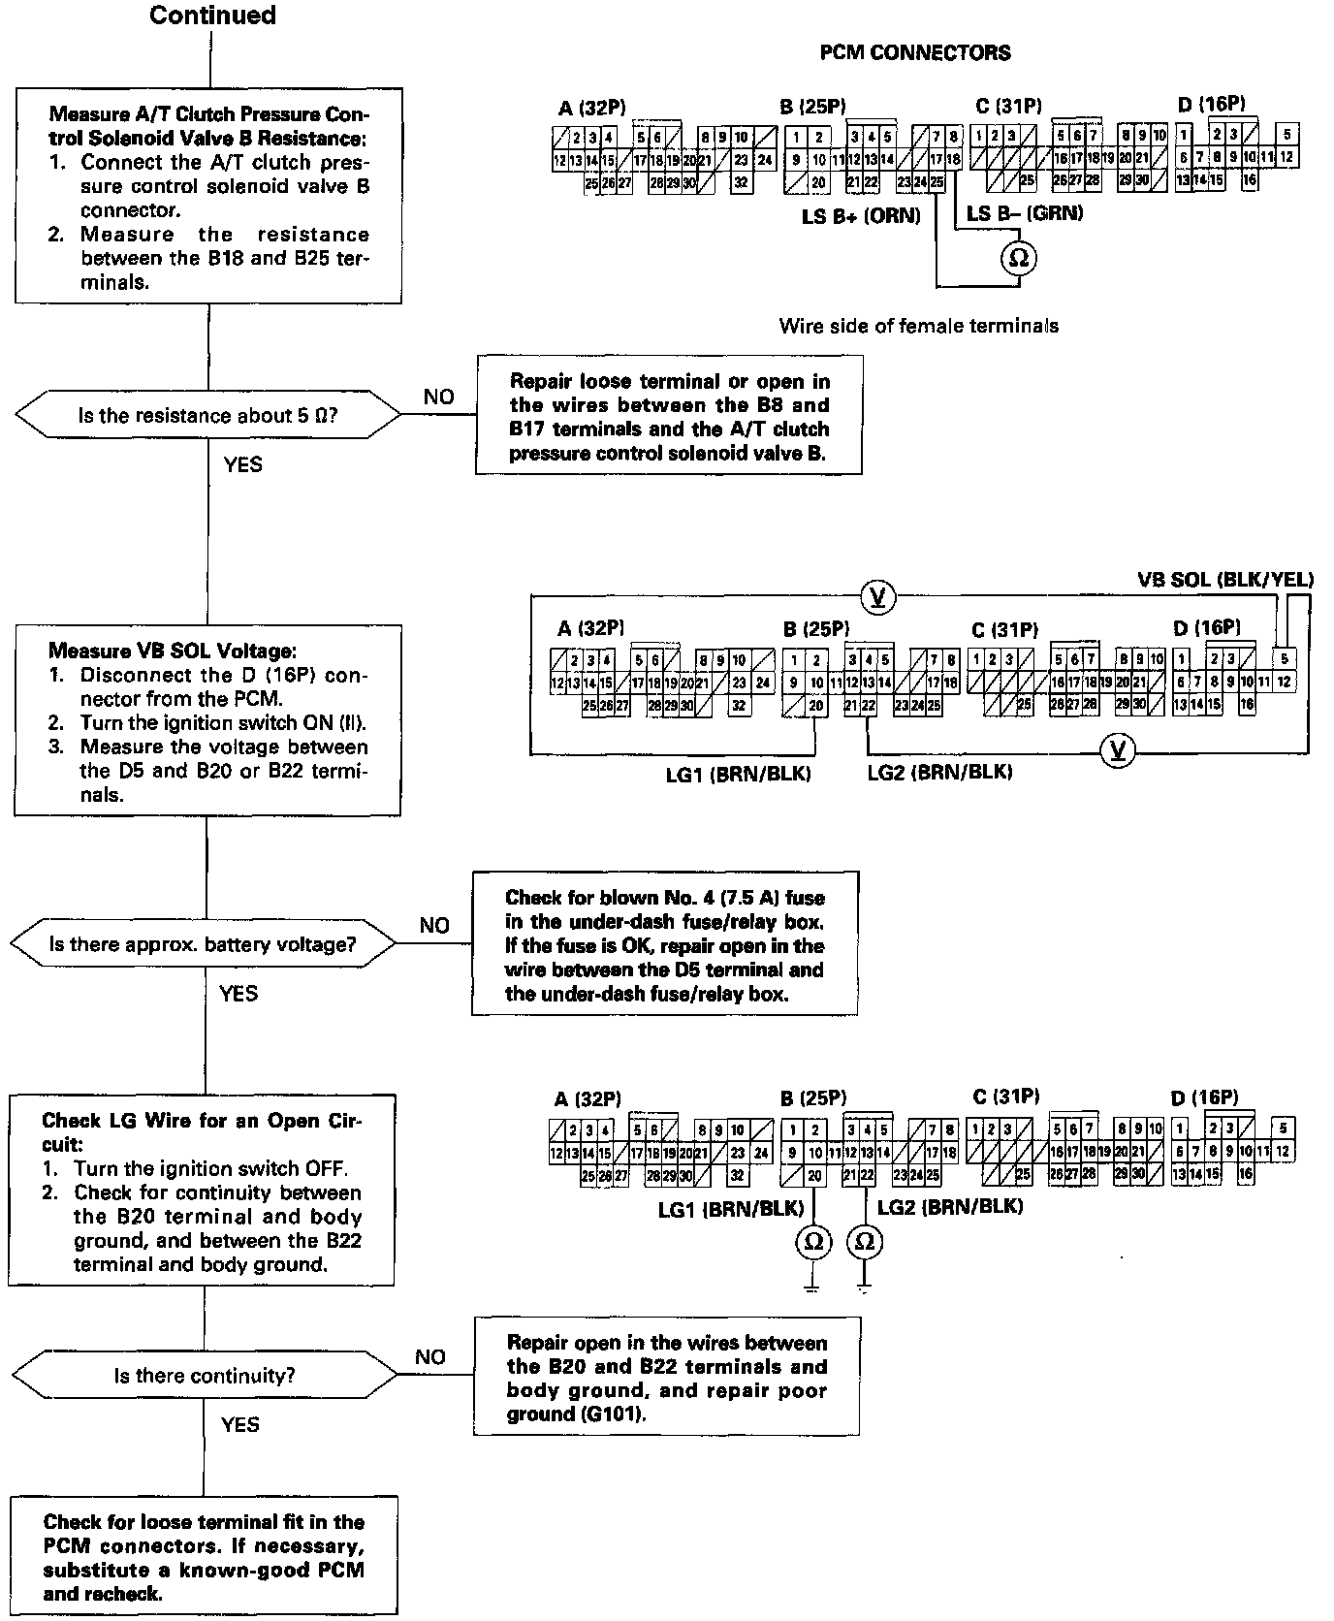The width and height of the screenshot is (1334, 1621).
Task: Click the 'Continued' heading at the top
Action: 212,16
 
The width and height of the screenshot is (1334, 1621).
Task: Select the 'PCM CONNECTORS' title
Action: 915,52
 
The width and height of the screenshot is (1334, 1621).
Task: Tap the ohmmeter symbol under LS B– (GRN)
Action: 1018,259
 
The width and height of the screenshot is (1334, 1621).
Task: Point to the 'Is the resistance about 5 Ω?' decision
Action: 207,416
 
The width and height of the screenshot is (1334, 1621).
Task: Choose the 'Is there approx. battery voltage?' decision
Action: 203,944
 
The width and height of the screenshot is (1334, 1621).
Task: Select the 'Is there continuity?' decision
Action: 205,1375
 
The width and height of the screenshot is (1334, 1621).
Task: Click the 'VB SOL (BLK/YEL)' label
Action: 1224,580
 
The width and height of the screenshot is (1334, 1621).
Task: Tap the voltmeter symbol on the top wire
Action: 878,596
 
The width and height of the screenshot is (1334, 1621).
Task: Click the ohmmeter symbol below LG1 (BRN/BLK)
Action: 812,1242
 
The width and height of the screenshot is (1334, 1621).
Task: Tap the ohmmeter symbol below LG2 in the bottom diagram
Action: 866,1242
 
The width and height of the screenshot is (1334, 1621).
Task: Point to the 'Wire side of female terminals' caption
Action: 918,326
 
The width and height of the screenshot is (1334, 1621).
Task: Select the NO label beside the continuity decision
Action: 429,1356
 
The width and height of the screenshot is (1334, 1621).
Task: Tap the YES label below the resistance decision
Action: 242,464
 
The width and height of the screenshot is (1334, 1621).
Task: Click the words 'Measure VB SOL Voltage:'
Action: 172,651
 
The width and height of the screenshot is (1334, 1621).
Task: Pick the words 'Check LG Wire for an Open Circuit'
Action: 202,1132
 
